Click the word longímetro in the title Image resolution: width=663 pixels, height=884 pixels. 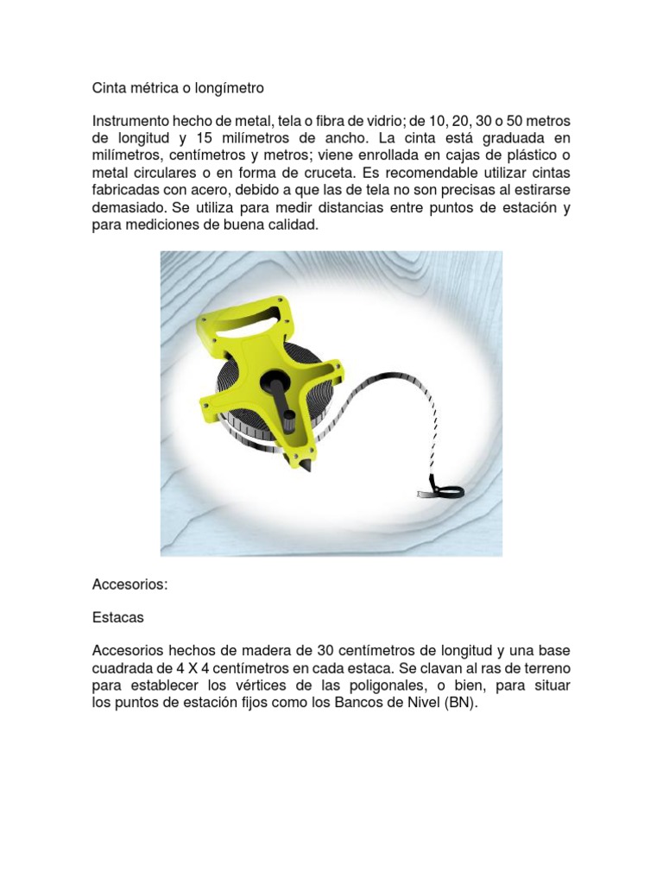click(x=229, y=88)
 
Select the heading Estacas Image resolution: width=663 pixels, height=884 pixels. click(x=118, y=617)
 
